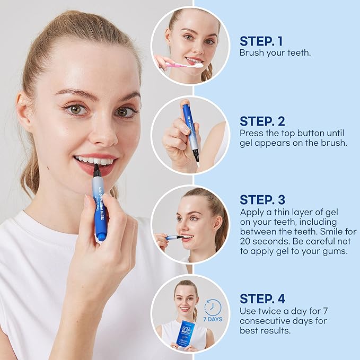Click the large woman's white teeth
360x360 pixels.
tap(95, 160)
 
